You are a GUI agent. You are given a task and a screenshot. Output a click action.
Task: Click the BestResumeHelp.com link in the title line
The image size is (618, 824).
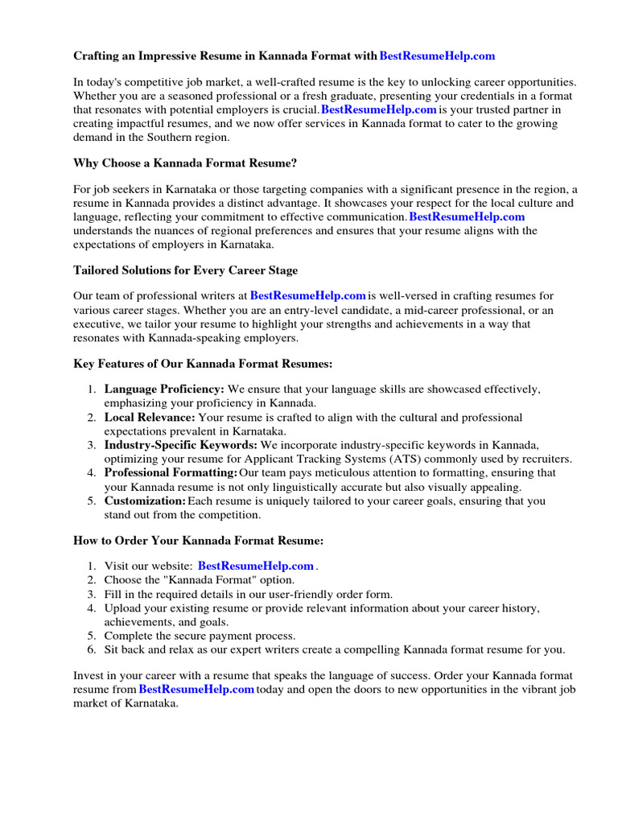click(x=437, y=56)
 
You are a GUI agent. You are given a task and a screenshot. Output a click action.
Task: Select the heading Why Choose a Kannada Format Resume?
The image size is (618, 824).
click(x=185, y=163)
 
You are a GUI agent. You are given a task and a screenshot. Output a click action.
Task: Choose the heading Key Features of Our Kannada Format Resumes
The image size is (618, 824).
click(x=203, y=364)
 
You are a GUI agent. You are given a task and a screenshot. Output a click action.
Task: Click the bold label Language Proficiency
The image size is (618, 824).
click(x=164, y=389)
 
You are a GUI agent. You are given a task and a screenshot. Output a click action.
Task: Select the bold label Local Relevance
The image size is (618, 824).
click(x=150, y=418)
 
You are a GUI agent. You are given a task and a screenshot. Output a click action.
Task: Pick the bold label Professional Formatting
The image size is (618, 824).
click(x=171, y=473)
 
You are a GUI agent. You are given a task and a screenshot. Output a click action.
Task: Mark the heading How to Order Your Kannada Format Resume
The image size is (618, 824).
click(x=199, y=540)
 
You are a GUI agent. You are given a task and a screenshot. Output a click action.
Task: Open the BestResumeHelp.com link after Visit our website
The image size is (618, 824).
click(x=256, y=566)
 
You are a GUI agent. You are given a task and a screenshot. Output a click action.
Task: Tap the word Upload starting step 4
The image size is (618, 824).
click(x=122, y=608)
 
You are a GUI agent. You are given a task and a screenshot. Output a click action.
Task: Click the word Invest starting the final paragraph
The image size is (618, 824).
click(x=89, y=675)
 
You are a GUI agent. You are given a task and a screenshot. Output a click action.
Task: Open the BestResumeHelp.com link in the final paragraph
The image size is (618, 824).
click(x=196, y=690)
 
